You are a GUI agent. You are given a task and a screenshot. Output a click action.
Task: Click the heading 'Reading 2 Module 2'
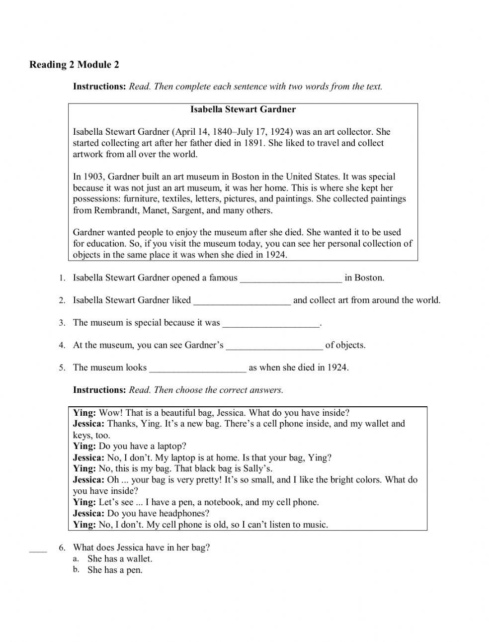click(74, 65)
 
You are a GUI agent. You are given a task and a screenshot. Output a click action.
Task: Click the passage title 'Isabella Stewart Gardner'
click(243, 109)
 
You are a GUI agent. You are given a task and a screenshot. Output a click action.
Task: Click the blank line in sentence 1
click(291, 278)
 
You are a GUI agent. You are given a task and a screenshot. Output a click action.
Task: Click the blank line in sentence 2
click(242, 301)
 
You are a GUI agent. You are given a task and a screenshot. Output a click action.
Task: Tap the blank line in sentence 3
click(271, 323)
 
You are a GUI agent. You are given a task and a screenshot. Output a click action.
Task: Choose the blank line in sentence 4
click(274, 346)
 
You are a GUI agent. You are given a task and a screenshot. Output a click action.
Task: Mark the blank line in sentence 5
click(197, 368)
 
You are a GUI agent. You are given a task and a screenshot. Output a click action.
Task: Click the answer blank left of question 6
click(38, 549)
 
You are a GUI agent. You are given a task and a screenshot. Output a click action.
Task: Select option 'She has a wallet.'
click(120, 559)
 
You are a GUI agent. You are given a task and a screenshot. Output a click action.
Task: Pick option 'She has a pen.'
click(115, 570)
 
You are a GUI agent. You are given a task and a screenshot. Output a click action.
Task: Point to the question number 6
click(62, 548)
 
